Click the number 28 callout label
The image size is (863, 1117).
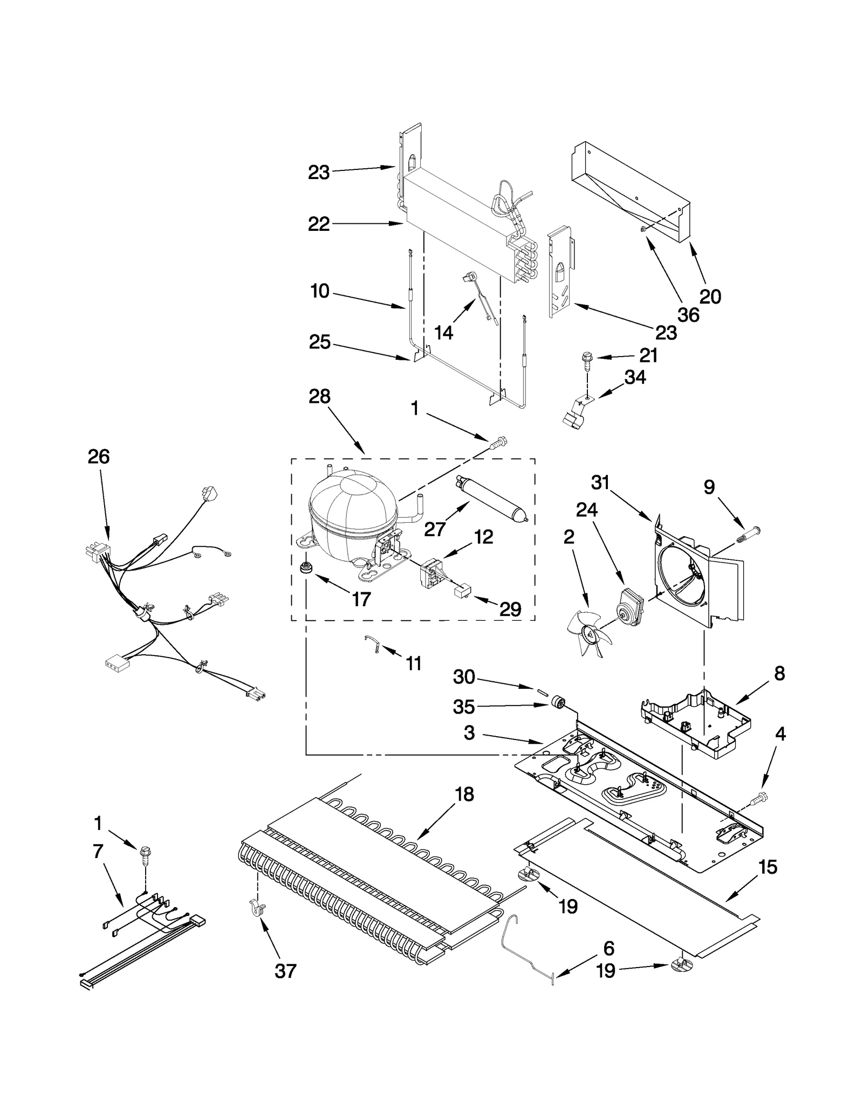(x=319, y=396)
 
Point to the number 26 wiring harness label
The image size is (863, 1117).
(x=99, y=457)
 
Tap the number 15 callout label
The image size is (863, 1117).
(x=768, y=867)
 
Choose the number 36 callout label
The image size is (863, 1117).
(x=688, y=314)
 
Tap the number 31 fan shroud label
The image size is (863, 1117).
(x=600, y=482)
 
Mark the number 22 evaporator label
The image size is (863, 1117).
(x=319, y=224)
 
